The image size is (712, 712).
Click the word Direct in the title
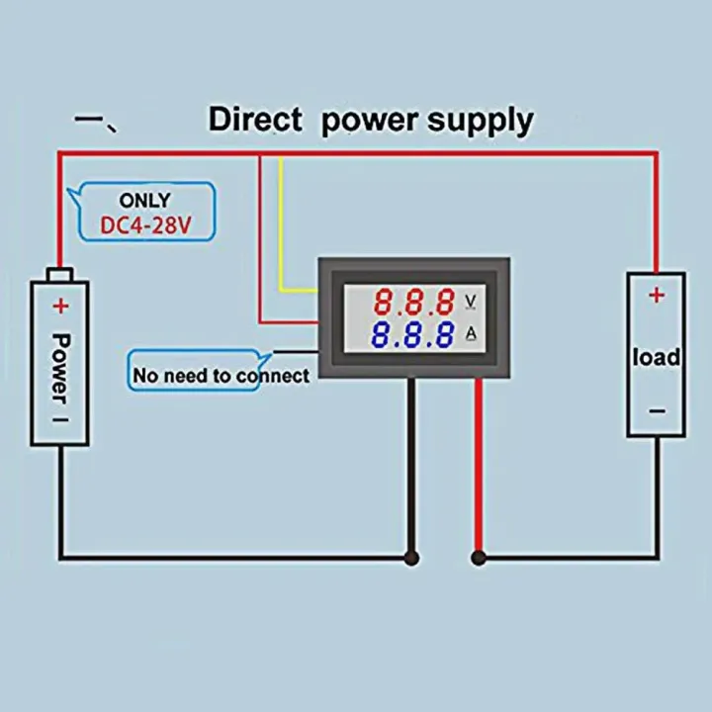pos(254,120)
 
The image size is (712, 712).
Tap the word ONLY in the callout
pos(144,201)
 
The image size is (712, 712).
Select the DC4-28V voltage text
pos(144,226)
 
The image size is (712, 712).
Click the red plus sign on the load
pos(656,294)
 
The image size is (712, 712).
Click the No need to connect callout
pos(221,375)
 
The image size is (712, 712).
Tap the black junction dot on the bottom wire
pos(411,558)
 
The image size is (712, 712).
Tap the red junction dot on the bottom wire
pos(480,558)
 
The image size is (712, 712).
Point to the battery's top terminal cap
pos(60,273)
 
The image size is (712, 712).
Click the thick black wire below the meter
pos(411,465)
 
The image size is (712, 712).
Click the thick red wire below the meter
pos(480,465)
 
